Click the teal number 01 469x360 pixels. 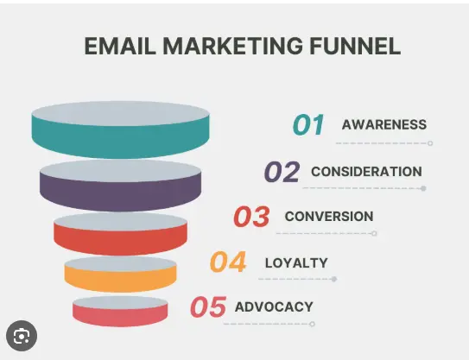pyautogui.click(x=308, y=125)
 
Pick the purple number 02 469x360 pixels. pyautogui.click(x=282, y=172)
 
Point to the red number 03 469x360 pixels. pyautogui.click(x=251, y=217)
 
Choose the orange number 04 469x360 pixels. pyautogui.click(x=228, y=262)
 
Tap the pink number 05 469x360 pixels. pyautogui.click(x=207, y=307)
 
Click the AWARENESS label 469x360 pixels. pyautogui.click(x=383, y=125)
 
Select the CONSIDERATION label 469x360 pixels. pyautogui.click(x=366, y=172)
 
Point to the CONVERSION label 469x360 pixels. pyautogui.click(x=329, y=217)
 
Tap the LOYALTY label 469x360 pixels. pyautogui.click(x=296, y=262)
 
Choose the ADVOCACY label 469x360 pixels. pyautogui.click(x=274, y=307)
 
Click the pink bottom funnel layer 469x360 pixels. pyautogui.click(x=120, y=314)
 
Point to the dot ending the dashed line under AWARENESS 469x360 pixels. pyautogui.click(x=430, y=143)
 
